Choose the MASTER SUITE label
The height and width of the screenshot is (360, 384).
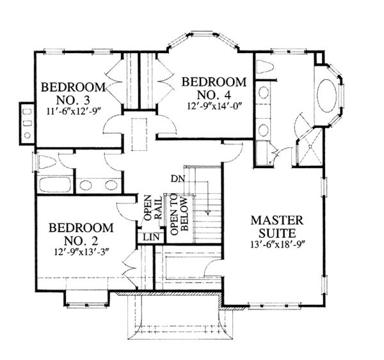[x=276, y=226]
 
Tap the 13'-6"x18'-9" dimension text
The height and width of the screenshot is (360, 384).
[x=276, y=243]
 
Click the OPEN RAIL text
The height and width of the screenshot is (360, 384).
[x=151, y=208]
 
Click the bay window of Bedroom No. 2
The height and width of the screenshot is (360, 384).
[x=86, y=296]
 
